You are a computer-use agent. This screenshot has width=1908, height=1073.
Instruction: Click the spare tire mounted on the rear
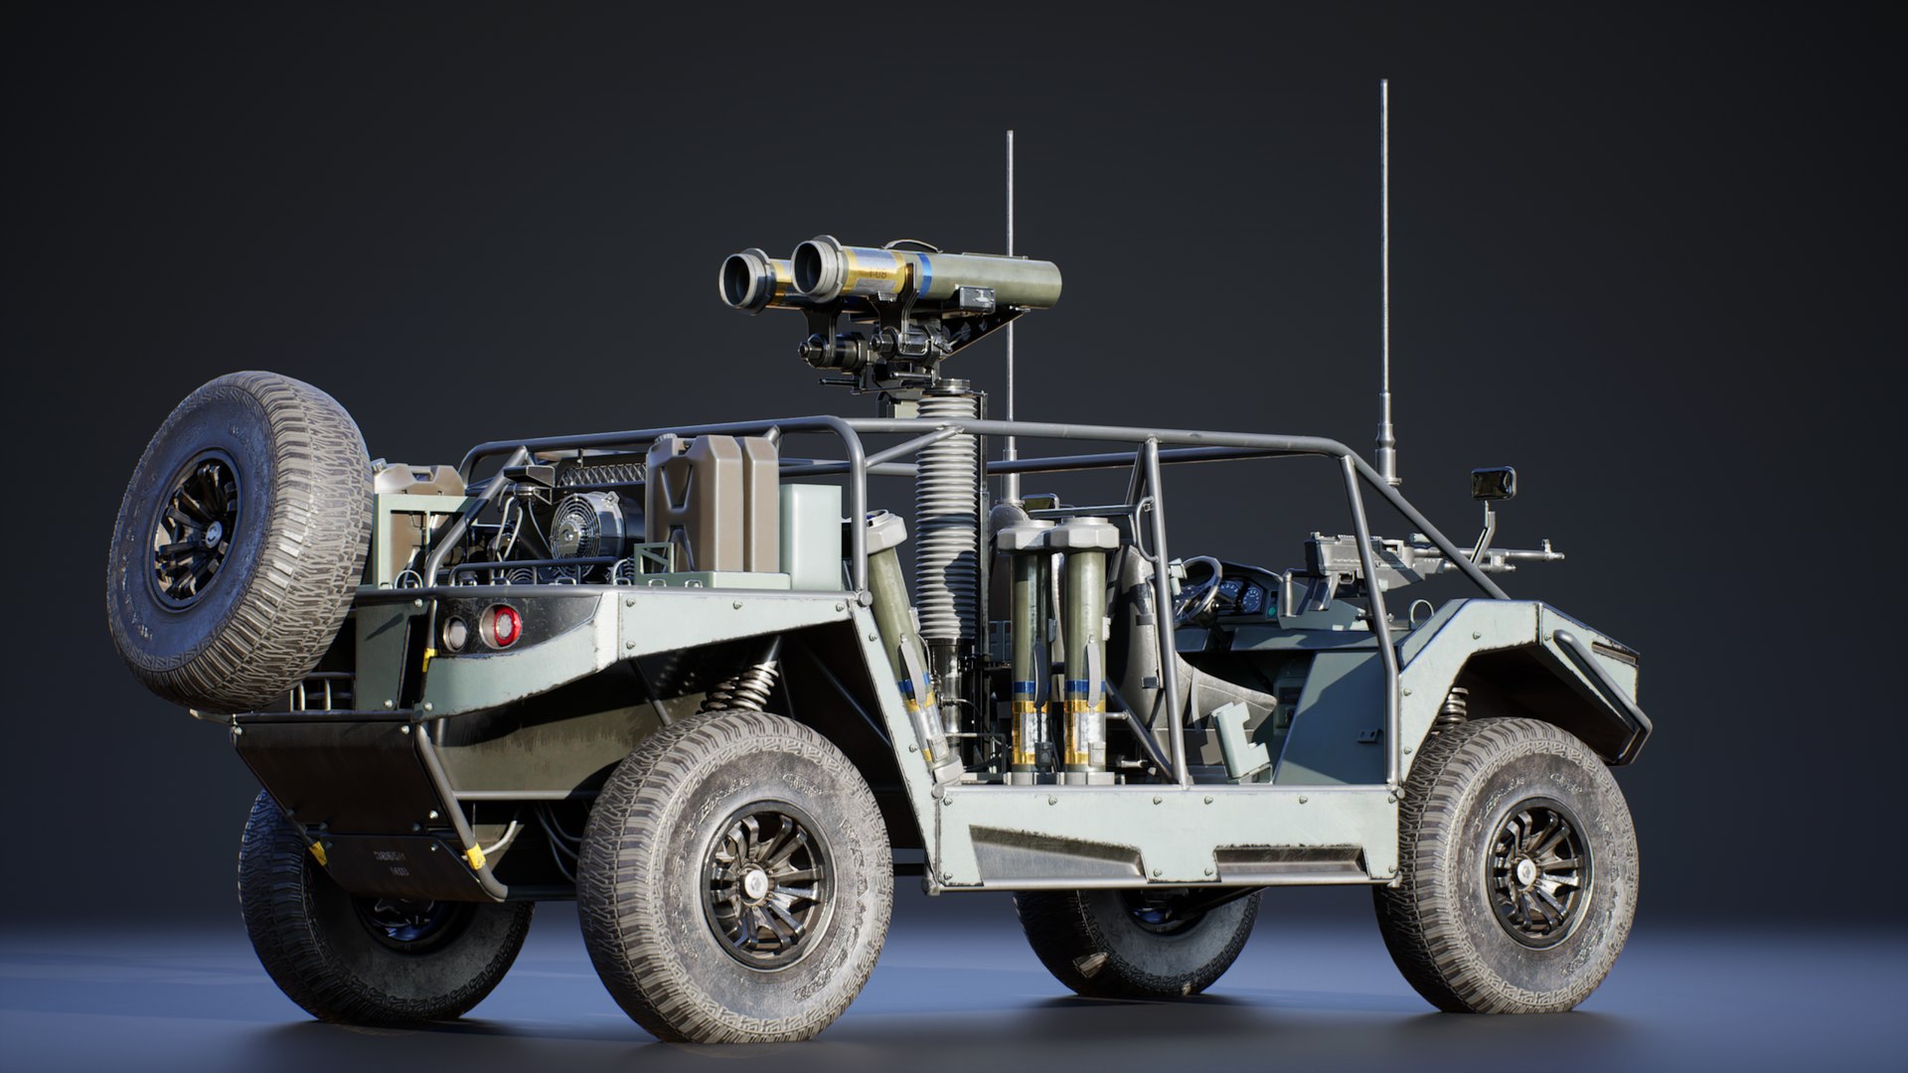238,541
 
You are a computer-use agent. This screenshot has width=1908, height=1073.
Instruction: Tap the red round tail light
502,626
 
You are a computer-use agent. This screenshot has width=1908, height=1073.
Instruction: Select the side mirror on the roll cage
1493,483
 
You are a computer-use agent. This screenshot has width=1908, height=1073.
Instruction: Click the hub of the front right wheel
1536,872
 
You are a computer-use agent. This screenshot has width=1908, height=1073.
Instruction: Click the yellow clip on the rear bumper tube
475,855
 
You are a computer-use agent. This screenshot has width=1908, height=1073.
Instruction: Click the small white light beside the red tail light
454,633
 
